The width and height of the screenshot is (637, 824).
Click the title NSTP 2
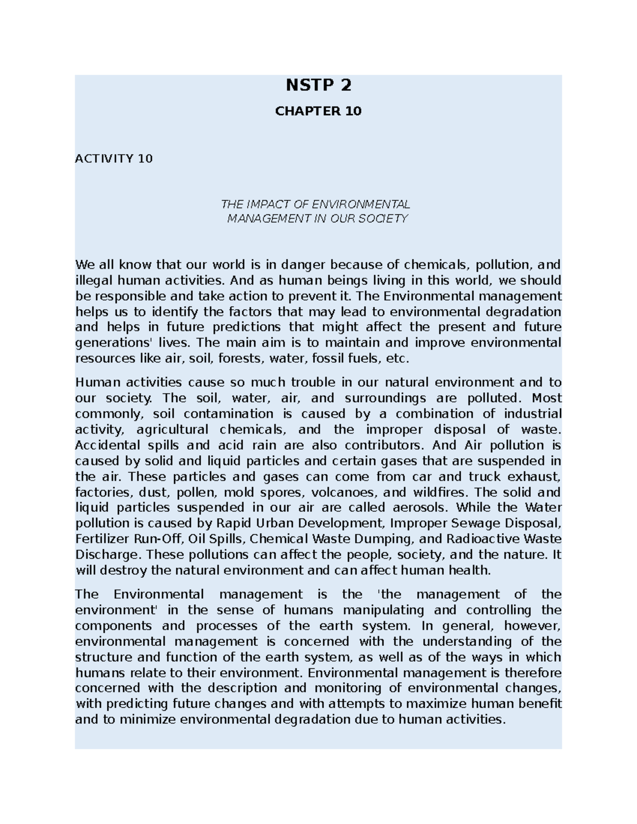click(x=318, y=85)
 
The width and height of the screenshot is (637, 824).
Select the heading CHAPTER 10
click(x=318, y=111)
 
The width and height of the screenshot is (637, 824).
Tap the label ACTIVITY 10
click(x=114, y=159)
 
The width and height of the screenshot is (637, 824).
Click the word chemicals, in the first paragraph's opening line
click(x=437, y=264)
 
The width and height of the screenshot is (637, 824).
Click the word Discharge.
click(x=108, y=555)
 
